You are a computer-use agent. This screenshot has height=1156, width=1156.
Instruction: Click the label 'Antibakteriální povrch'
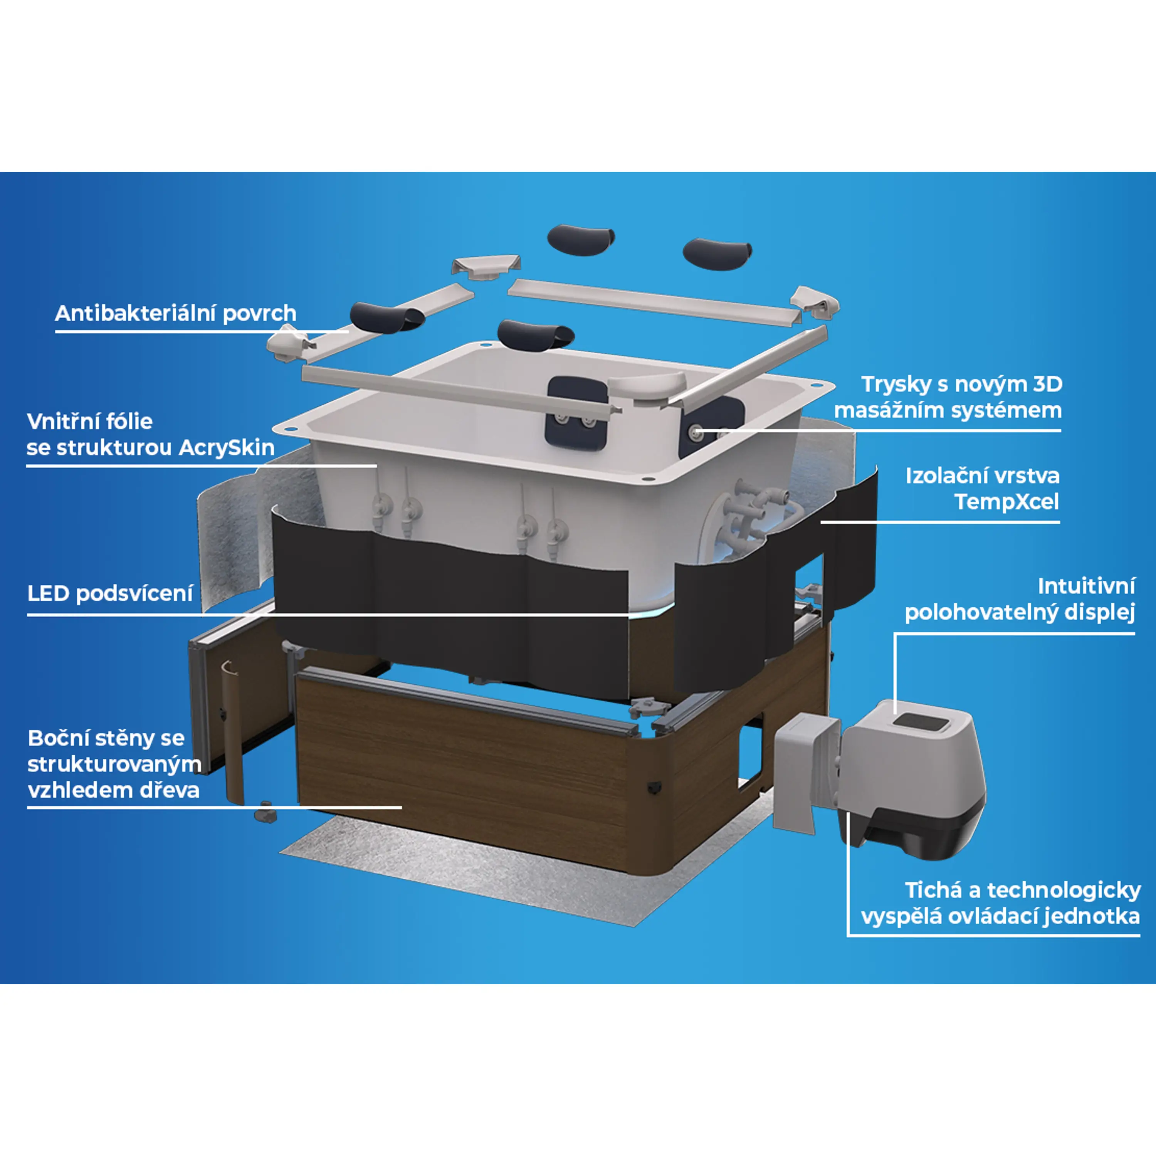(x=175, y=313)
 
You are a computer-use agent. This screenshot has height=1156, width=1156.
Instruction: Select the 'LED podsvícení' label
(x=110, y=593)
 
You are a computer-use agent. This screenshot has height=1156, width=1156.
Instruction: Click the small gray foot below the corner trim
(x=265, y=813)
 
